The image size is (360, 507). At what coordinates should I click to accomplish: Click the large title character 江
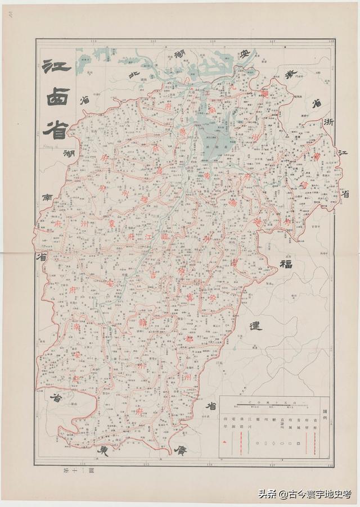click(x=56, y=67)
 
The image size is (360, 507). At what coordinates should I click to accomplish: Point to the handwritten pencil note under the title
click(x=52, y=143)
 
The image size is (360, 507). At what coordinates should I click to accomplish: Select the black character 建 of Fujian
click(x=255, y=325)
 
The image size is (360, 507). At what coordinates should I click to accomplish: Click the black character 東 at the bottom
click(x=103, y=450)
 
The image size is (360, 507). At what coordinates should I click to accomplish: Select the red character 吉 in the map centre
click(x=153, y=274)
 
